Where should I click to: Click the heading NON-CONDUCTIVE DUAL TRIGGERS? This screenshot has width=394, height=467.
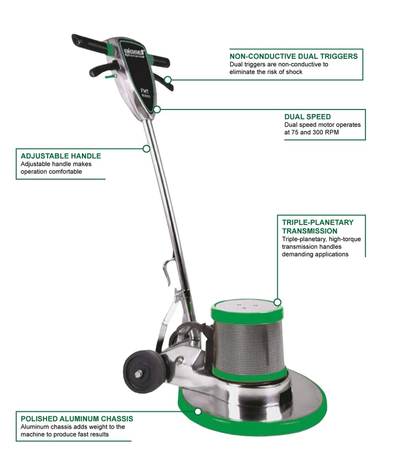(294, 56)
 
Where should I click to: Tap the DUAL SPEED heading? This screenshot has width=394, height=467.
(308, 117)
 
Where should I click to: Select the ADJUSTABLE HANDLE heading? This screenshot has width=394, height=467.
(61, 156)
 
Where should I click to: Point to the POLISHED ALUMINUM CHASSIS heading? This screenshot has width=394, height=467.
(77, 419)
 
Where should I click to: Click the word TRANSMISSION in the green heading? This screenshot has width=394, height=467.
(310, 231)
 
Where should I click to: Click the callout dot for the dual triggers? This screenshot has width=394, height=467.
(168, 80)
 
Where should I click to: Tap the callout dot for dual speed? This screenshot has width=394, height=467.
(157, 109)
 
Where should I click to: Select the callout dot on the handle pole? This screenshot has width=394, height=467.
(146, 149)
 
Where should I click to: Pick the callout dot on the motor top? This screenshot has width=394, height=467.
(277, 302)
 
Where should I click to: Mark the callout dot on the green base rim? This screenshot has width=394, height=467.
(198, 412)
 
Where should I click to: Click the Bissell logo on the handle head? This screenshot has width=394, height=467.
(134, 53)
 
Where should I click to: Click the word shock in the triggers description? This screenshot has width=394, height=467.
(294, 72)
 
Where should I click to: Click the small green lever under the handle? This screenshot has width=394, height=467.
(111, 77)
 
